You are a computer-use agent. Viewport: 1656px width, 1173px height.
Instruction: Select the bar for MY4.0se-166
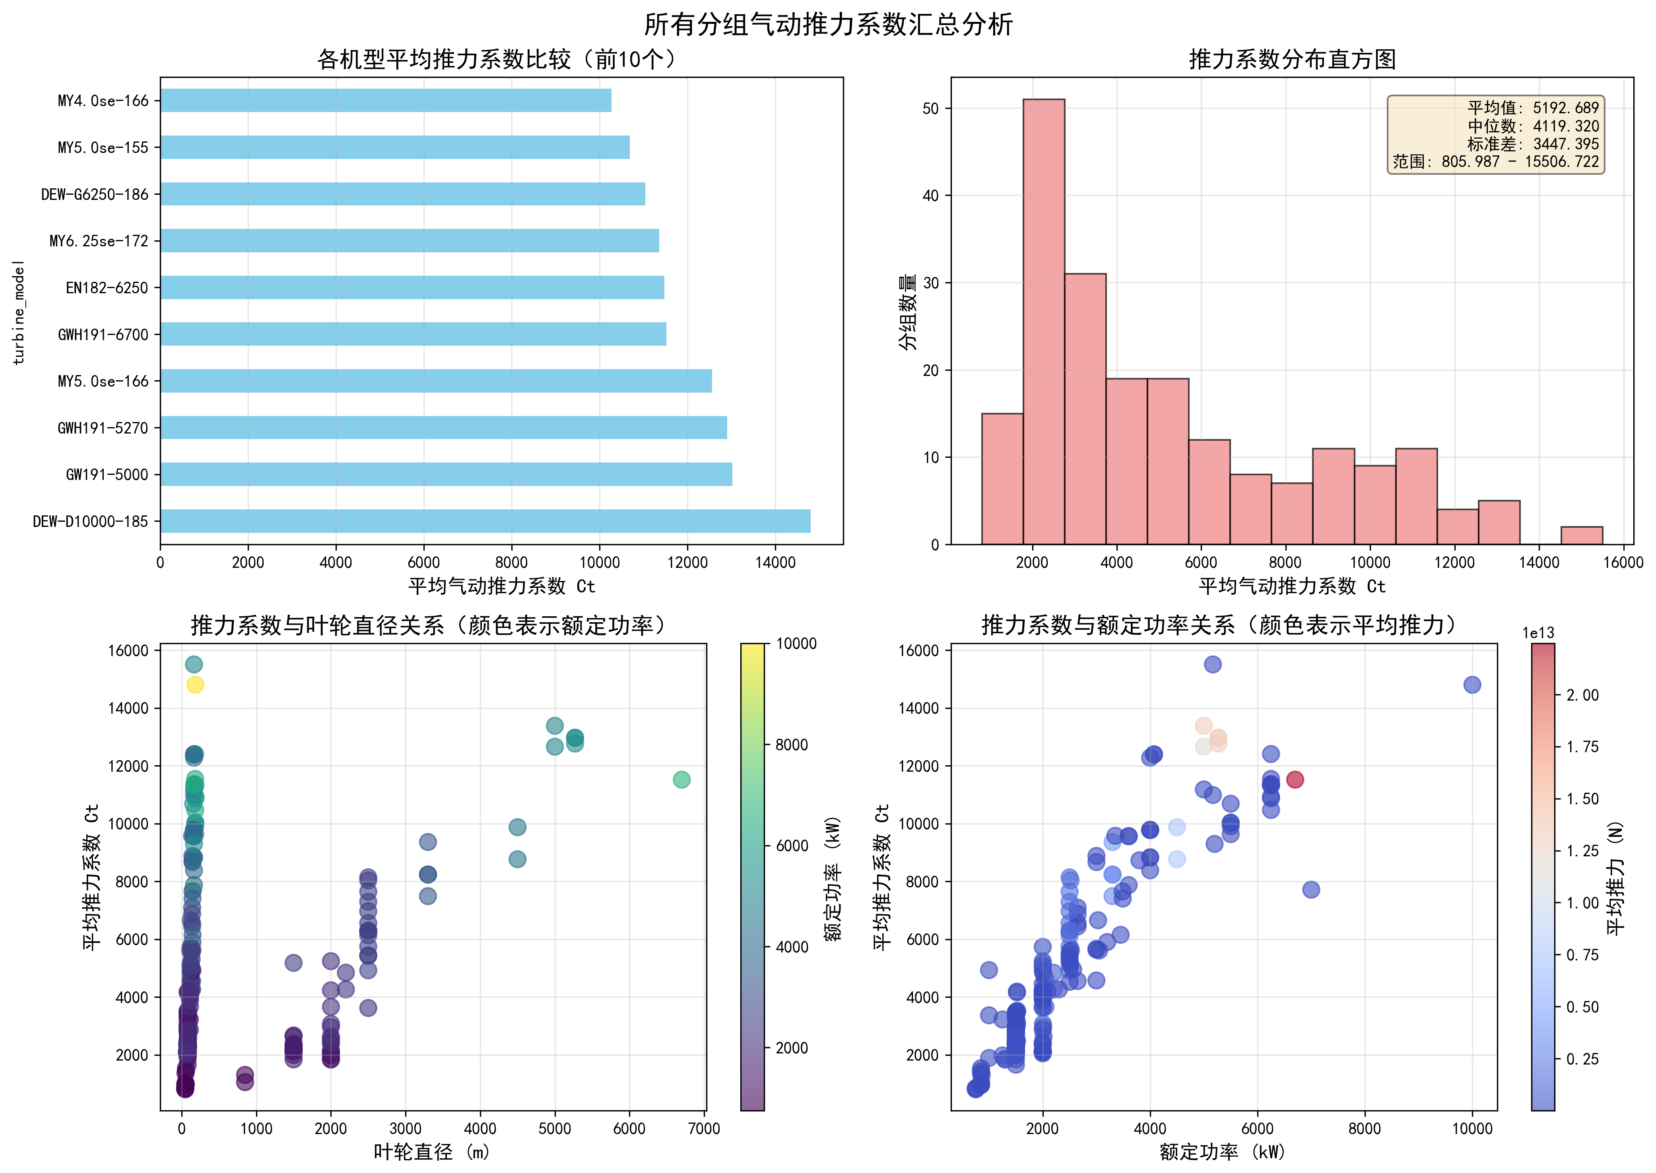pyautogui.click(x=385, y=101)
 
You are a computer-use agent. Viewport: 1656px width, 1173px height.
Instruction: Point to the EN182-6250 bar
pyautogui.click(x=412, y=287)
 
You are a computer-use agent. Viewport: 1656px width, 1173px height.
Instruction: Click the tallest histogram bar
pyautogui.click(x=1043, y=321)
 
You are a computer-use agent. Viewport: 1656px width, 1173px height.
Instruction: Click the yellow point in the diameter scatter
pyautogui.click(x=195, y=685)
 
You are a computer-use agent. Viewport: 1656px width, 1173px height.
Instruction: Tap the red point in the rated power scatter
pyautogui.click(x=1295, y=779)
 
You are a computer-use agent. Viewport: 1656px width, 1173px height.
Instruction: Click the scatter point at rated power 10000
pyautogui.click(x=1472, y=685)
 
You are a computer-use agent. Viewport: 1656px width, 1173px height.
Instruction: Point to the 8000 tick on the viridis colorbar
pyautogui.click(x=791, y=745)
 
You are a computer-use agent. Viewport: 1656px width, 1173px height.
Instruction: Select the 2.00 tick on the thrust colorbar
pyautogui.click(x=1582, y=695)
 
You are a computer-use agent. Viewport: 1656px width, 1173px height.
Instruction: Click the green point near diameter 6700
pyautogui.click(x=681, y=779)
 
